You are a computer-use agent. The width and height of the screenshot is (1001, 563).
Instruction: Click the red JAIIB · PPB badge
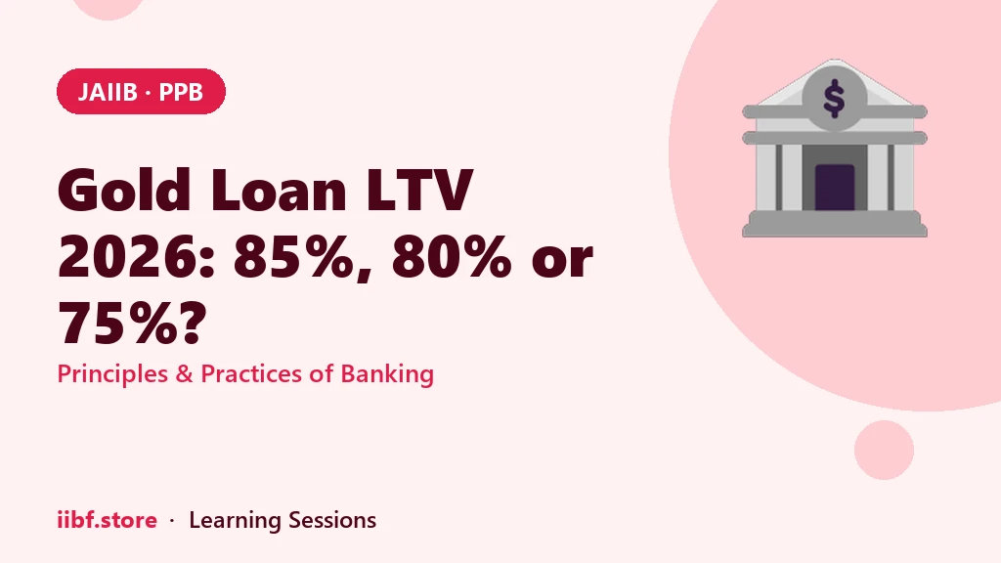[141, 91]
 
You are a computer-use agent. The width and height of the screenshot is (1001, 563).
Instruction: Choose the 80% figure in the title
[452, 257]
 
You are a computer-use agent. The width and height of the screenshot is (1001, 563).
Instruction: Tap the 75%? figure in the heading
[133, 323]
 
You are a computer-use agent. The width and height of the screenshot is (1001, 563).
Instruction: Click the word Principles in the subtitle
[112, 373]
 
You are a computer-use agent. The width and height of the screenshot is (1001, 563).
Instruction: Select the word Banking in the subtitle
[387, 373]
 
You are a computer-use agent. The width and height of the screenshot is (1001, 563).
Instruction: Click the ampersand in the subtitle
[184, 374]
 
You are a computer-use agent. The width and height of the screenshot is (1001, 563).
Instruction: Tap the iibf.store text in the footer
[108, 520]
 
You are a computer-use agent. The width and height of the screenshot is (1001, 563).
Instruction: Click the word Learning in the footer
[235, 520]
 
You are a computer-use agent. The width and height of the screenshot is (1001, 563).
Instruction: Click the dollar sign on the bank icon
[834, 99]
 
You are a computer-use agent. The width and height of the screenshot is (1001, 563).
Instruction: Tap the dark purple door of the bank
[835, 187]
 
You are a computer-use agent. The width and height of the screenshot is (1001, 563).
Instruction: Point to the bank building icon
[835, 149]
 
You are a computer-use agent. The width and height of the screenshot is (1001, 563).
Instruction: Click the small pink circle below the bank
[884, 450]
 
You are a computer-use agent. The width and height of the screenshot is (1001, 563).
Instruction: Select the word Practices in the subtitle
[249, 373]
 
